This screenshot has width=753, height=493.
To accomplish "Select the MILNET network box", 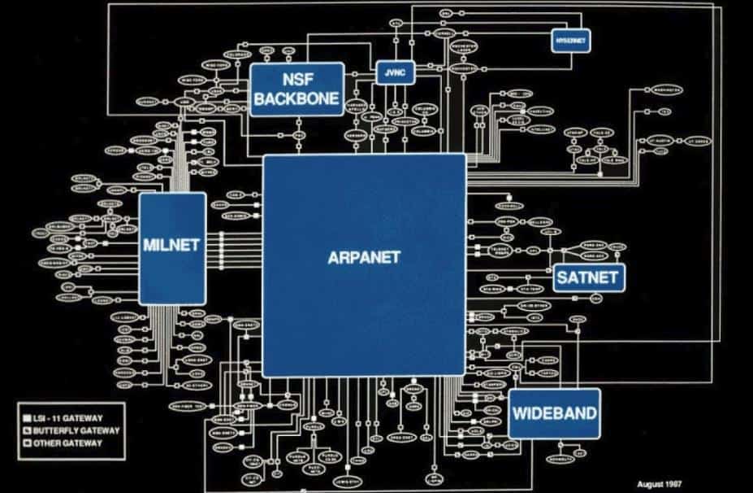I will [x=171, y=246].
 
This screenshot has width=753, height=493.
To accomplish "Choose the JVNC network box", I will [x=396, y=73].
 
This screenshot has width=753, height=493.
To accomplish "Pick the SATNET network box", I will [x=587, y=277].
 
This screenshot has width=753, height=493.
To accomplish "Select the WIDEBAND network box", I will [x=554, y=413].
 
